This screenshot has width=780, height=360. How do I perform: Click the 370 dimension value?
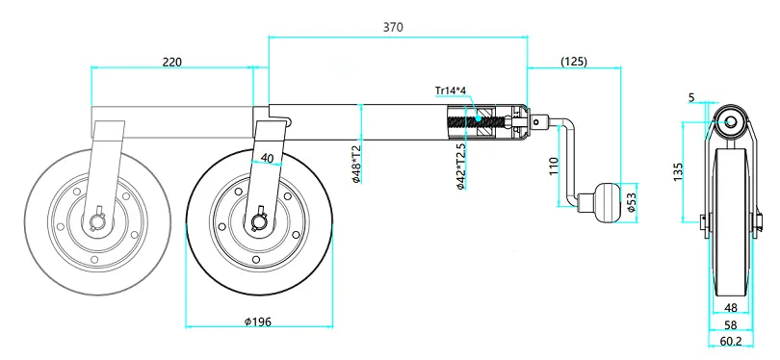click(x=393, y=27)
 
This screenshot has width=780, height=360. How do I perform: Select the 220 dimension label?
click(x=172, y=63)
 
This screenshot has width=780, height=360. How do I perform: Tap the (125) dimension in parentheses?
click(x=574, y=62)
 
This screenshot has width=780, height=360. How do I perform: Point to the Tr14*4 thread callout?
click(x=450, y=90)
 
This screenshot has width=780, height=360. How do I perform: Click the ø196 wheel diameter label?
click(x=258, y=321)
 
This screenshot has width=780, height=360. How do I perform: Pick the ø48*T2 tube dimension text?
click(x=356, y=164)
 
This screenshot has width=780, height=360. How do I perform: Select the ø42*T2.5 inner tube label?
click(x=460, y=167)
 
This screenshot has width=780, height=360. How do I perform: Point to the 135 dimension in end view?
click(x=678, y=170)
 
